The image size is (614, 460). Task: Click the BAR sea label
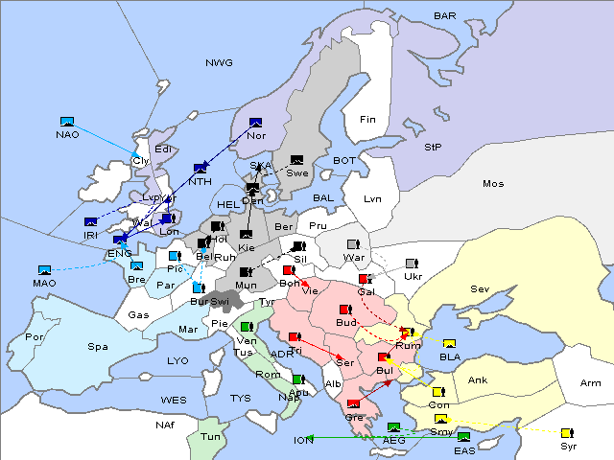[444, 16]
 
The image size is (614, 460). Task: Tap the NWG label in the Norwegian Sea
[219, 63]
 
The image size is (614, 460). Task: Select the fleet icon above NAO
[67, 122]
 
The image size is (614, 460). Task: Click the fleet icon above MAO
[44, 270]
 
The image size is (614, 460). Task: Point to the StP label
[433, 148]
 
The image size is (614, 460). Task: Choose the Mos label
[493, 183]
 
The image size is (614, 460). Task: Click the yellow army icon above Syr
[567, 433]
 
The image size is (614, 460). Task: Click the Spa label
[98, 346]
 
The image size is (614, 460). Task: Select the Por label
[35, 337]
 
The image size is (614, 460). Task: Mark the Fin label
[366, 120]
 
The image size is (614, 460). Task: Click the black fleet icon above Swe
[297, 160]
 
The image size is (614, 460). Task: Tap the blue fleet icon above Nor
[255, 123]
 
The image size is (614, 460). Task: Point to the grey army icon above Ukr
[412, 263]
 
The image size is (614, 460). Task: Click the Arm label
[591, 383]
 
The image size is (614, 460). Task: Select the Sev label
[480, 288]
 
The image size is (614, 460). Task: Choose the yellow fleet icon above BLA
[449, 344]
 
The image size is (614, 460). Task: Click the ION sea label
[303, 441]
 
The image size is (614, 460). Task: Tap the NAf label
[166, 424]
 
